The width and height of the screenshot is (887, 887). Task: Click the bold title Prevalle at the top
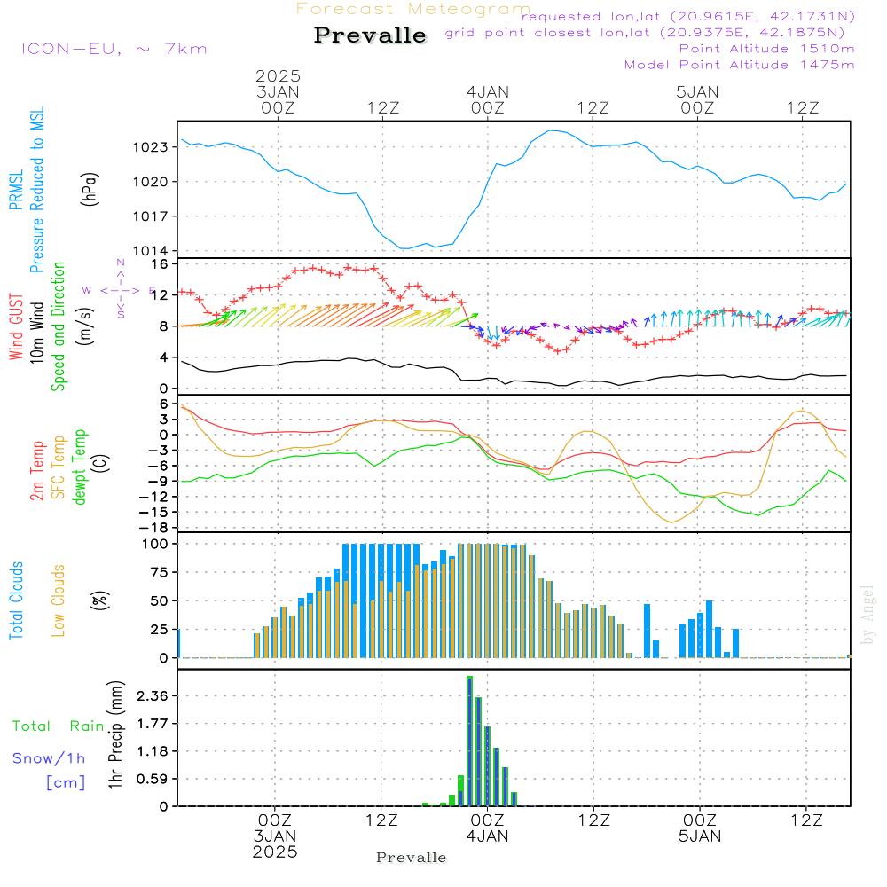point(370,36)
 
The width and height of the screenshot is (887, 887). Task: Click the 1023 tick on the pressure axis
point(153,147)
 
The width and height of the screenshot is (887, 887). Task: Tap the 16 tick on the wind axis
point(159,264)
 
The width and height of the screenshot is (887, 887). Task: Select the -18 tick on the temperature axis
point(156,528)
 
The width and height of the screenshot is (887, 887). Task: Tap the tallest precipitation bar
point(469,741)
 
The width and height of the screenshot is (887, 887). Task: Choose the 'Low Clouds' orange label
point(59,600)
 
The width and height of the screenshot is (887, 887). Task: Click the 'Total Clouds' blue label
point(16,600)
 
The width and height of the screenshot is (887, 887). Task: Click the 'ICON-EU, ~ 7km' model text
point(114,49)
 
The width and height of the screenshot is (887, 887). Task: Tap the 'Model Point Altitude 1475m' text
point(739,65)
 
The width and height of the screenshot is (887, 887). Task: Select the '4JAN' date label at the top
point(487,91)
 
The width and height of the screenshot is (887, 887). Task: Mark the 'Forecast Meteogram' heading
point(412,10)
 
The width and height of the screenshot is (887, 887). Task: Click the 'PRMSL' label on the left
point(16,191)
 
